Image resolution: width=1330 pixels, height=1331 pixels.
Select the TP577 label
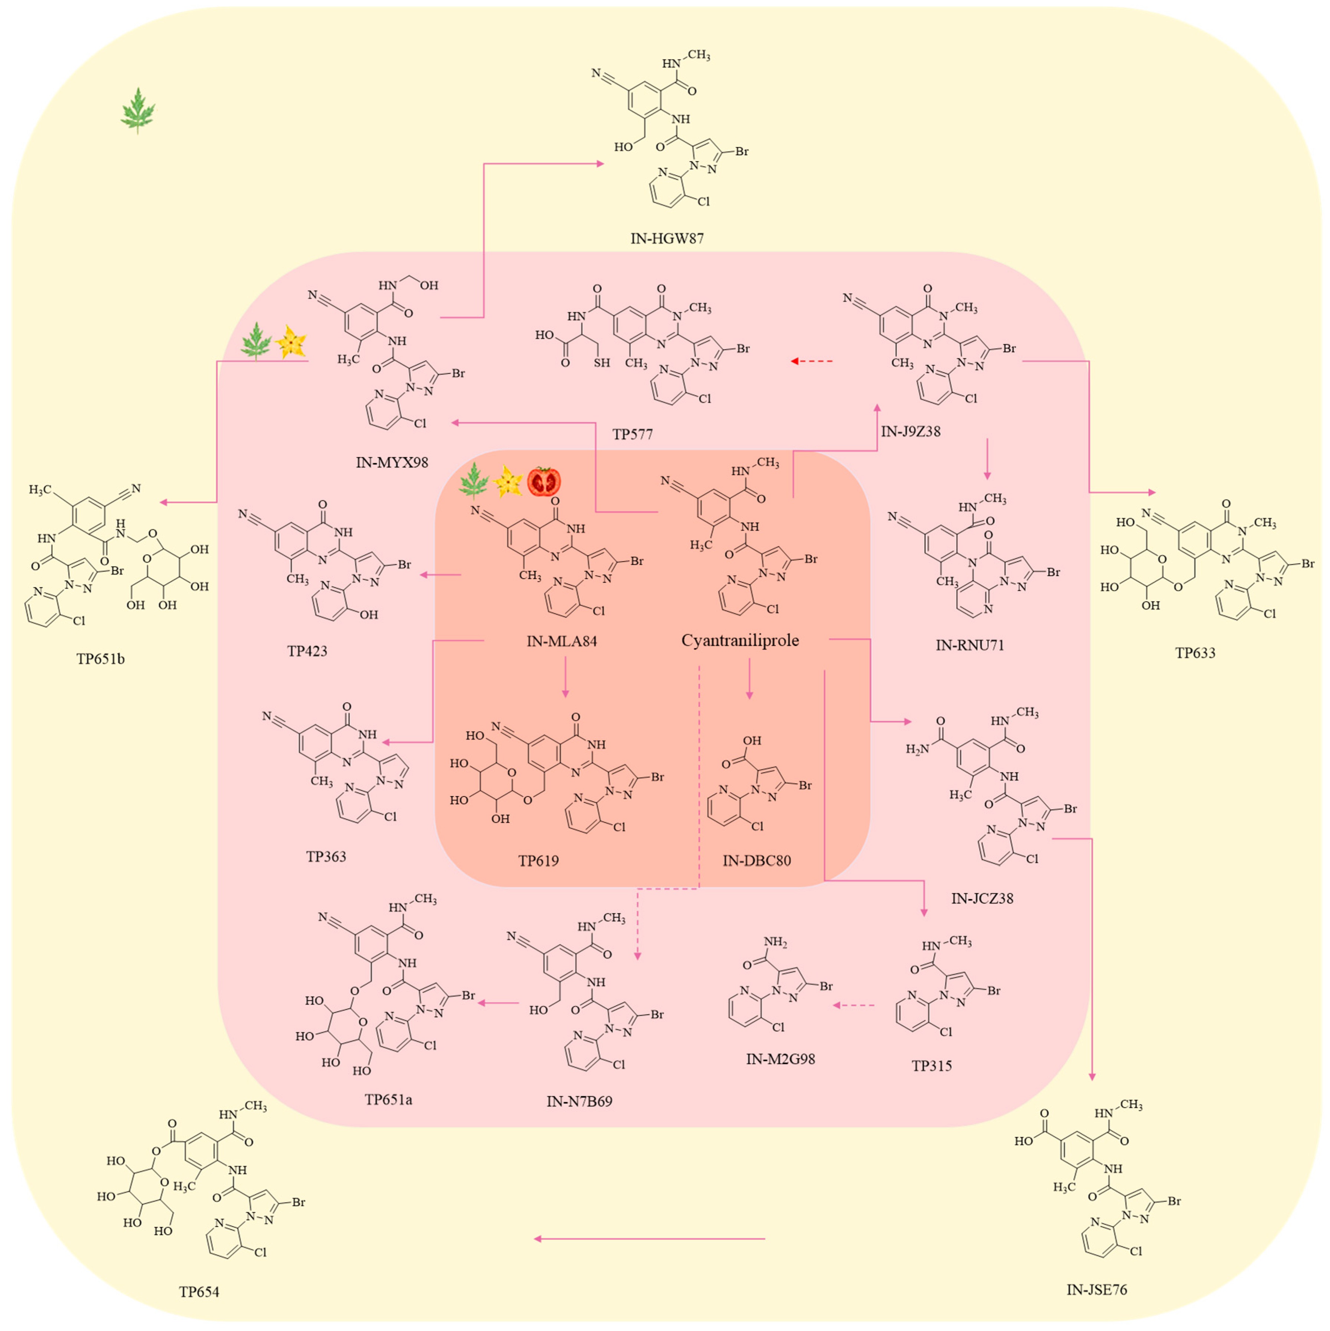click(x=632, y=435)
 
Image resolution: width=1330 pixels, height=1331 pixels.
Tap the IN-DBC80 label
click(x=756, y=861)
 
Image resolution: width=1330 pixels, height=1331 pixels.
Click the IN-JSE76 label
click(x=1096, y=1290)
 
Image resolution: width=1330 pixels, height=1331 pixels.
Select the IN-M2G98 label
click(x=780, y=1059)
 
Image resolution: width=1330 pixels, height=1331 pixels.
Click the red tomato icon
click(x=544, y=482)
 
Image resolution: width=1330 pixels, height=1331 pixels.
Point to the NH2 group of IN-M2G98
click(x=775, y=942)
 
